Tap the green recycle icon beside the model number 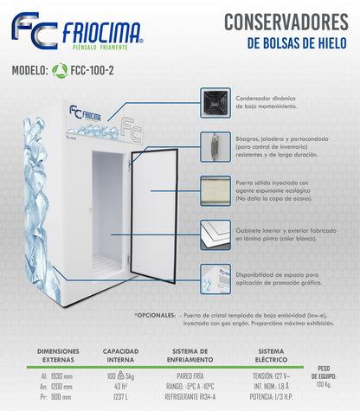click(x=60, y=73)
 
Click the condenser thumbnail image click(x=215, y=103)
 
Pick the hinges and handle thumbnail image click(x=215, y=147)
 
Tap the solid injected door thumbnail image click(x=215, y=190)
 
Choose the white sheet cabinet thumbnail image click(x=215, y=234)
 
